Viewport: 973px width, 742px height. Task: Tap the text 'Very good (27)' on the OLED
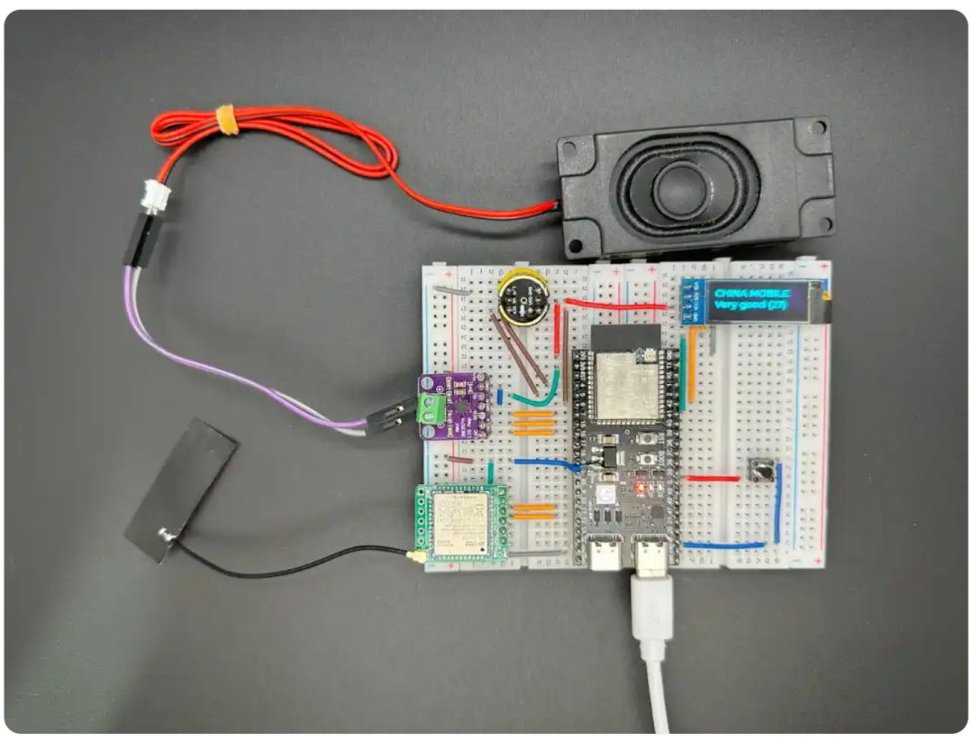(750, 306)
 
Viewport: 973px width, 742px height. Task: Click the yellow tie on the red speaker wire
(229, 119)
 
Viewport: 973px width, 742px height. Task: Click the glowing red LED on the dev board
(641, 488)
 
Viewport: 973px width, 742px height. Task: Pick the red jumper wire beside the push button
(713, 479)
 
